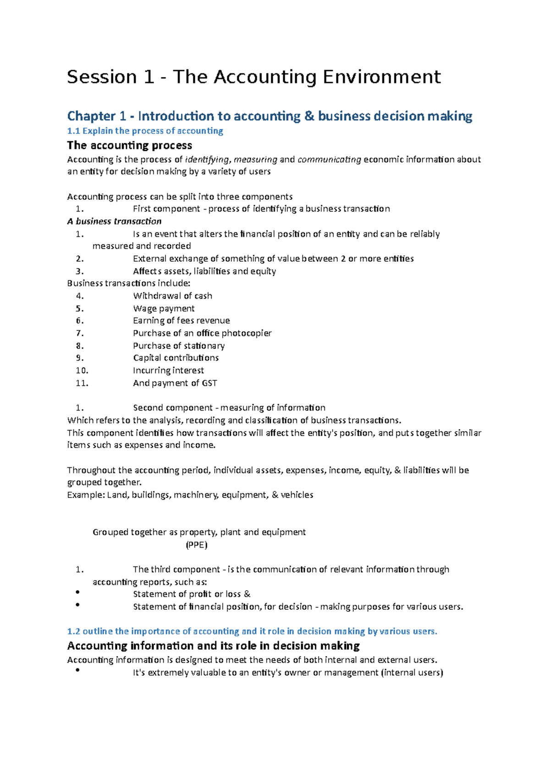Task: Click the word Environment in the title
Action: [382, 77]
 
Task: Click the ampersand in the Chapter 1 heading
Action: [309, 116]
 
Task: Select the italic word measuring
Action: [255, 160]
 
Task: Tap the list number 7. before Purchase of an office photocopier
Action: [80, 334]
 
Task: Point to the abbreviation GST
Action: [209, 383]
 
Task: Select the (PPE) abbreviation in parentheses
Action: [197, 545]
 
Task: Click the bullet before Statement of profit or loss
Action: [77, 592]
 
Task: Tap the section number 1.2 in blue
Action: [73, 631]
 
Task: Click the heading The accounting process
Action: [130, 146]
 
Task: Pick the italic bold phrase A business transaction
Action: [114, 222]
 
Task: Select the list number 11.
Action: [82, 383]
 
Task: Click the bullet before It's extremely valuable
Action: [77, 671]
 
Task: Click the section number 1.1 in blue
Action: [73, 131]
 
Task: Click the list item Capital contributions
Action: [176, 358]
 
